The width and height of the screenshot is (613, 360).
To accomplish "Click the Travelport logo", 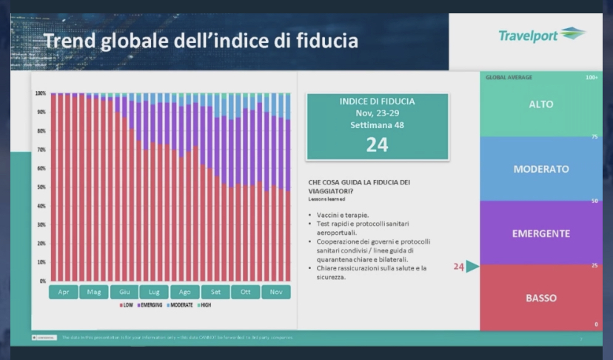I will (x=541, y=36).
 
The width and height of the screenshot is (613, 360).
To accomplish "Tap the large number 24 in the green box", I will (x=377, y=144).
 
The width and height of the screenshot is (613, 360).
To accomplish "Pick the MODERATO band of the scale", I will (x=541, y=169).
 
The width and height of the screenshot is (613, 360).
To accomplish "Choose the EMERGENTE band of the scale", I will (x=541, y=233).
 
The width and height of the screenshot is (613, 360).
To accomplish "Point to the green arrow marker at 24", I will (x=472, y=267).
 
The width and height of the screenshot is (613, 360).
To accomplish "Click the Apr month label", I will (x=64, y=292).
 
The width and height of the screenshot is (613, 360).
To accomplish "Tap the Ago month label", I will (x=185, y=292).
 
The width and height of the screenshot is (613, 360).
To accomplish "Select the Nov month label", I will (x=275, y=292).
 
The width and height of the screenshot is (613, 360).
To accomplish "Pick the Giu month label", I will (x=124, y=292).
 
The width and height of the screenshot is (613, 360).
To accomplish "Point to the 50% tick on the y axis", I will (x=41, y=187).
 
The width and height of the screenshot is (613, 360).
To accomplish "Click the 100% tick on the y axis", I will (x=40, y=93).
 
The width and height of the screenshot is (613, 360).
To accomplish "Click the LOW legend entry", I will (x=126, y=304).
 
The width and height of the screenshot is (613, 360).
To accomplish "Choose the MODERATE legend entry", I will (x=188, y=304).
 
